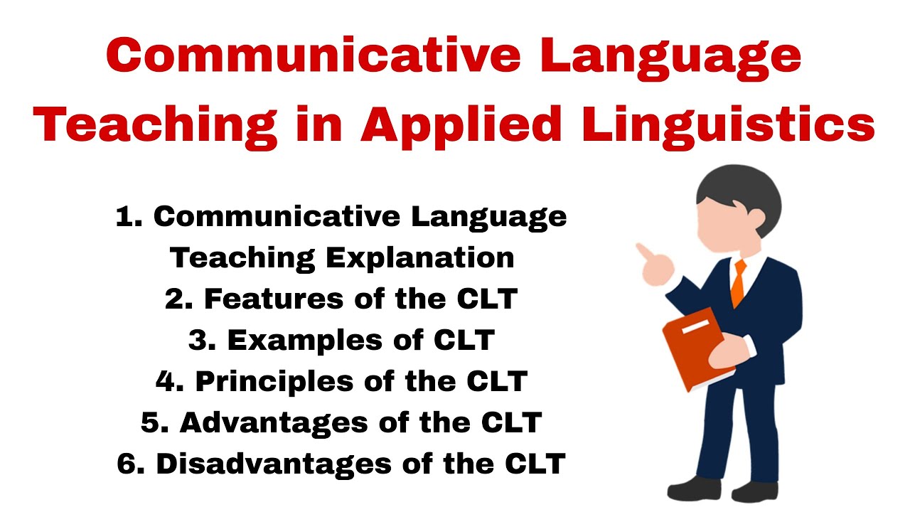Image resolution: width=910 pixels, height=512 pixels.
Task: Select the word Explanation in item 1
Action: pos(420,258)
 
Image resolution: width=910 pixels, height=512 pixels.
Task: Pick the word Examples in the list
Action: pos(305,340)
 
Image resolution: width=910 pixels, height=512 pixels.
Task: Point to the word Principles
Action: pos(274,382)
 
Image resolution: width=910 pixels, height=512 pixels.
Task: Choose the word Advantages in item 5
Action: pos(274,423)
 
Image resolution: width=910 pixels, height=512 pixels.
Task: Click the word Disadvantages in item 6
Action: pos(274,464)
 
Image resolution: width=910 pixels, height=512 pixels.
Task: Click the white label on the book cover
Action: pos(695,326)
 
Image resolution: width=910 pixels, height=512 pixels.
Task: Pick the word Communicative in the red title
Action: pos(314,55)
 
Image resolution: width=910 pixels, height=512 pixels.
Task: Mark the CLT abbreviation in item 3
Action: pos(464,340)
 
